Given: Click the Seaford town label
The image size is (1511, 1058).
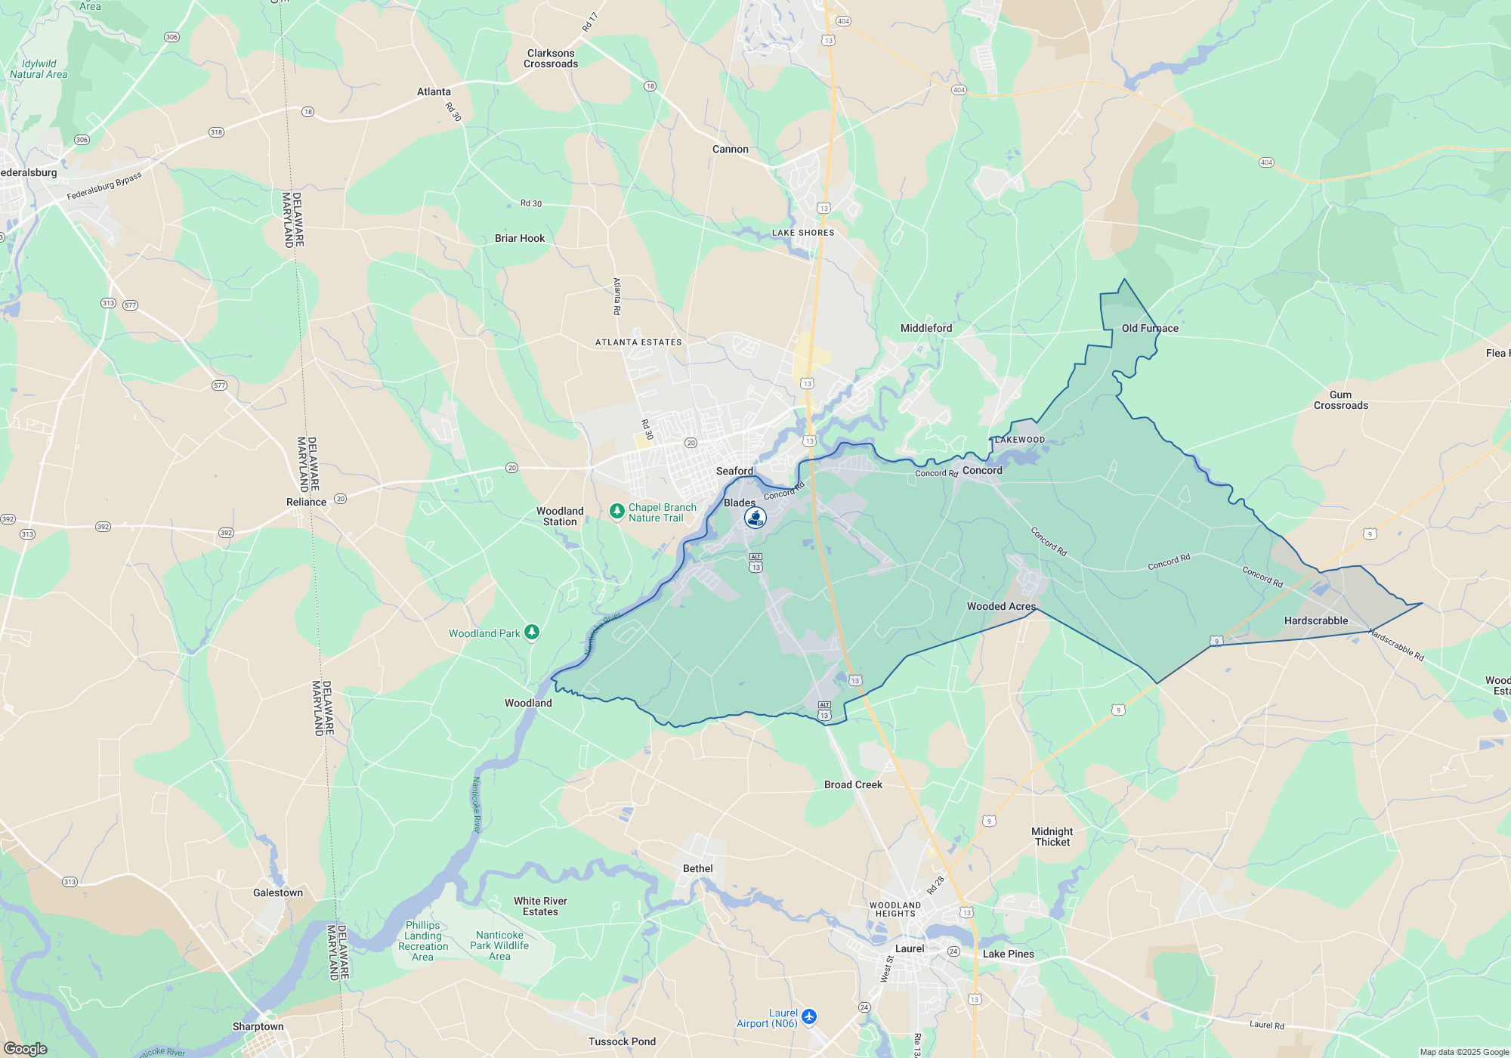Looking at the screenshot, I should (x=734, y=471).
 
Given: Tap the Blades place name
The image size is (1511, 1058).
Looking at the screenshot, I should (x=739, y=503).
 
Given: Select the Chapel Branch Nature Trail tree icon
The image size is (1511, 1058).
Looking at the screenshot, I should (x=616, y=512).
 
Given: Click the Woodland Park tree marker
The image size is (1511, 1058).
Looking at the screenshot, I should (x=532, y=632).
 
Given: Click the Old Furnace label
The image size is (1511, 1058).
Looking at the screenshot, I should (x=1149, y=328).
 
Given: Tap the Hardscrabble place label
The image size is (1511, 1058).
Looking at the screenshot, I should (x=1315, y=620).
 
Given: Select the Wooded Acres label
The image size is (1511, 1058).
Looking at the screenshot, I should (x=1001, y=606).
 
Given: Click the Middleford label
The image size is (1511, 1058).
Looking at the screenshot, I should (x=925, y=328).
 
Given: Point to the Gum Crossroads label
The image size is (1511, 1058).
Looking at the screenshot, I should (x=1340, y=400).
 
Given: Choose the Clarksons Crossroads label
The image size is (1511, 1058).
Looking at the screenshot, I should (x=551, y=58).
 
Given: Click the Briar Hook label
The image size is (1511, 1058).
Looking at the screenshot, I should (x=519, y=238).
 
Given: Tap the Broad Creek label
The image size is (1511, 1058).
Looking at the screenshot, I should (x=853, y=784).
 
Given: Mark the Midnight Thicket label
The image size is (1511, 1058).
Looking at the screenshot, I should (x=1052, y=837).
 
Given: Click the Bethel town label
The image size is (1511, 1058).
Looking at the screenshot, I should (x=697, y=868).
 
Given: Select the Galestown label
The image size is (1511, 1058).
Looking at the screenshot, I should (x=277, y=892).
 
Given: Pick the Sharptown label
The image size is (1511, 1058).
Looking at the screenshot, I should (x=258, y=1026).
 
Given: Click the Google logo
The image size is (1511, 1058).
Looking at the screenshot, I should (x=25, y=1049).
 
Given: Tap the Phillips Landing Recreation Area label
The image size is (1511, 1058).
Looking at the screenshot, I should (x=423, y=941).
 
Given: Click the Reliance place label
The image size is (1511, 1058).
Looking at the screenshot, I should (x=306, y=502).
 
